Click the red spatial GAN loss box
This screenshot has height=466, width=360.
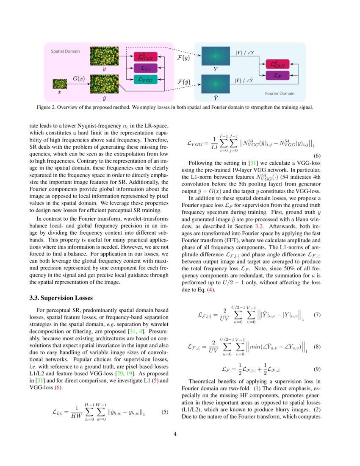point(145,56)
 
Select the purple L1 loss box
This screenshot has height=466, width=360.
point(145,68)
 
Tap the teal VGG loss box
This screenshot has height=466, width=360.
point(145,79)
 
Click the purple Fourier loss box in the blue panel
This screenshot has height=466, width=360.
point(277,75)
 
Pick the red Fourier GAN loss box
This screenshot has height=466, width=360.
point(277,64)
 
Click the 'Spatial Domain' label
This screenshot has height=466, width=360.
point(65,51)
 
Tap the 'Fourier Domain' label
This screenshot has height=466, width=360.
point(280,93)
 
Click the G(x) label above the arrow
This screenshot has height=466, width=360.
point(79,78)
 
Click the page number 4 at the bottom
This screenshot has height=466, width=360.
point(180,434)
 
